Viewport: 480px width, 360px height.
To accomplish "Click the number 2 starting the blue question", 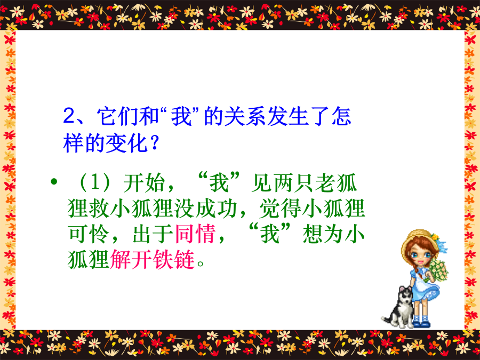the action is coord(69,116).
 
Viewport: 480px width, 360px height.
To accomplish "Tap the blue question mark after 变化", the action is coord(155,142).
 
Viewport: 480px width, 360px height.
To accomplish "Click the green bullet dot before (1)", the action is coord(54,182).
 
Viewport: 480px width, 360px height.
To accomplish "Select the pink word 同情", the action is coord(195,234).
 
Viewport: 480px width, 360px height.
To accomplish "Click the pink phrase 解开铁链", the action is coord(153,259).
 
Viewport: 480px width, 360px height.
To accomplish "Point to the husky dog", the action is coord(398,307).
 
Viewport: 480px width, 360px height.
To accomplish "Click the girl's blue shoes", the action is coord(421,322).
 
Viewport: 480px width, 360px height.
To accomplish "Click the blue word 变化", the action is coord(126,143).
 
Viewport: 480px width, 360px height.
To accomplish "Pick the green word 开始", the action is coord(144,183).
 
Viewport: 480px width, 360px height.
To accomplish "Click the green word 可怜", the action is coord(89,234).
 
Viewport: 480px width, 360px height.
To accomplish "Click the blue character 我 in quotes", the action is coord(181,116).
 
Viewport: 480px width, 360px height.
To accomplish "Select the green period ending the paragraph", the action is coord(201,264).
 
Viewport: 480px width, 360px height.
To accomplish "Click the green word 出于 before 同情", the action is coord(153,234).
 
